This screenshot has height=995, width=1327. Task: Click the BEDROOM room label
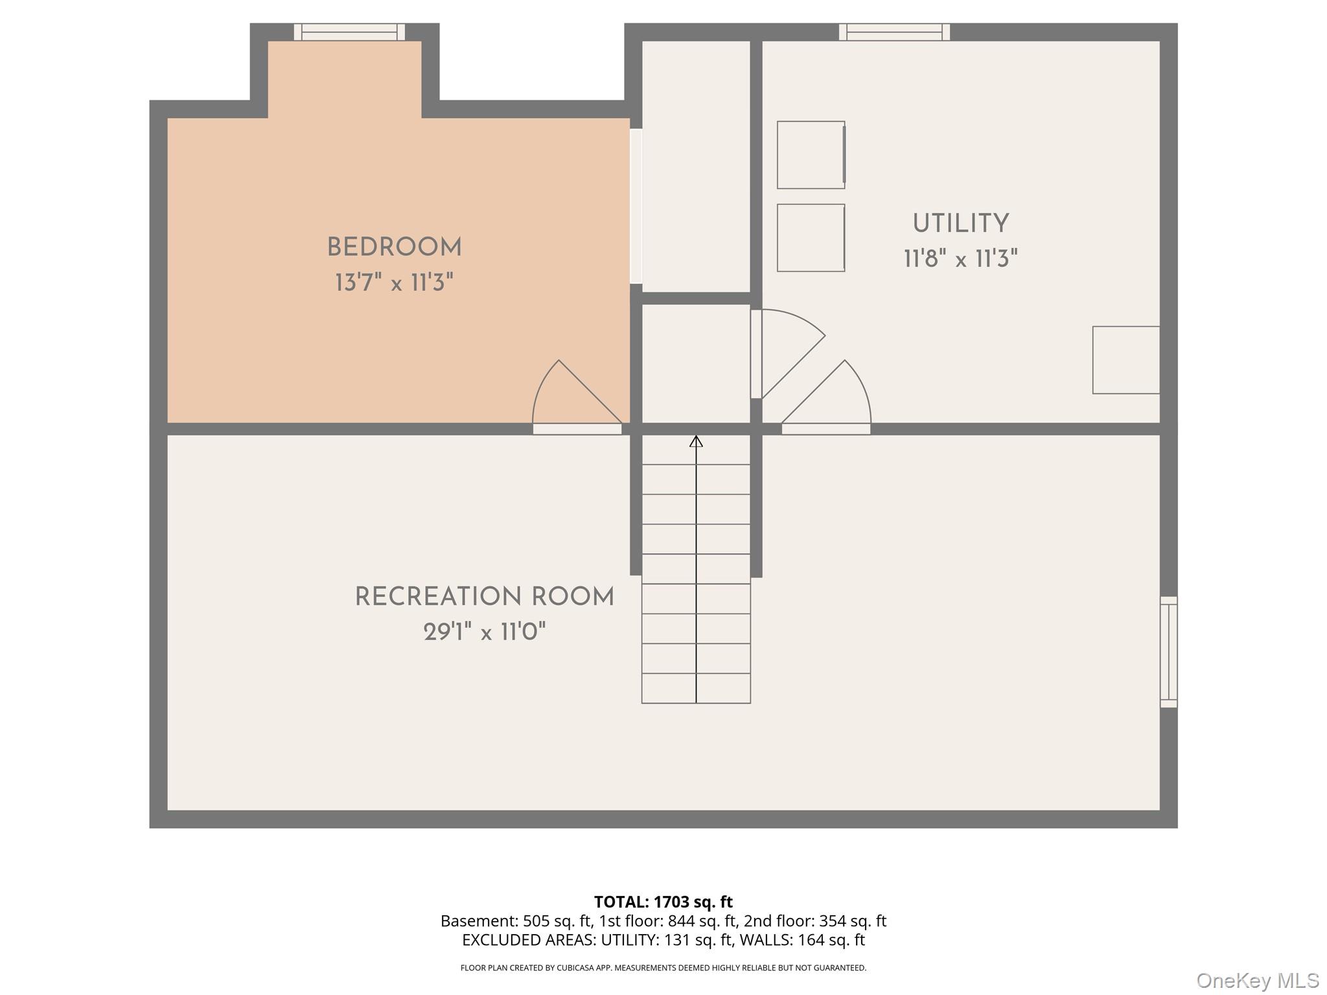click(394, 247)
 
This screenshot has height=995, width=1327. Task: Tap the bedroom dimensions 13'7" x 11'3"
click(394, 283)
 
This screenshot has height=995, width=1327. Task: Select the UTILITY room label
click(961, 223)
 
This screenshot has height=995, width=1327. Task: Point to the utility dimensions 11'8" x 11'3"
click(961, 259)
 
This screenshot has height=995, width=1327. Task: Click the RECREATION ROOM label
click(485, 597)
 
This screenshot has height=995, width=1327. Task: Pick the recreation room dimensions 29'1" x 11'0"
click(485, 632)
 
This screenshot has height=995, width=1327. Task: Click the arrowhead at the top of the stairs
click(696, 441)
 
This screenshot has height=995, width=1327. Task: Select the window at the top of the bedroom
click(349, 32)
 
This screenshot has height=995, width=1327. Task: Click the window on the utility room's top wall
click(894, 32)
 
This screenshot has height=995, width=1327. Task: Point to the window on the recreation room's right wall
click(1168, 652)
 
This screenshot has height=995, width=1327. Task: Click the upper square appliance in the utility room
click(811, 155)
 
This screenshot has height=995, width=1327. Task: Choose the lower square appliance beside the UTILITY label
click(811, 238)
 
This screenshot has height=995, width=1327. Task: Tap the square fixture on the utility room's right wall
click(1126, 360)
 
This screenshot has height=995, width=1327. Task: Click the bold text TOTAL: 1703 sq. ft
click(663, 902)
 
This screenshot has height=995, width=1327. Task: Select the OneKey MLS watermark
click(1258, 981)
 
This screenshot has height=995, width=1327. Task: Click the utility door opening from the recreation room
click(826, 397)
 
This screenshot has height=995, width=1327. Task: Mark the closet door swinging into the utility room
click(788, 354)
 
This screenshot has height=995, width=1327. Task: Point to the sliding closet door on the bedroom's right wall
click(636, 206)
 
